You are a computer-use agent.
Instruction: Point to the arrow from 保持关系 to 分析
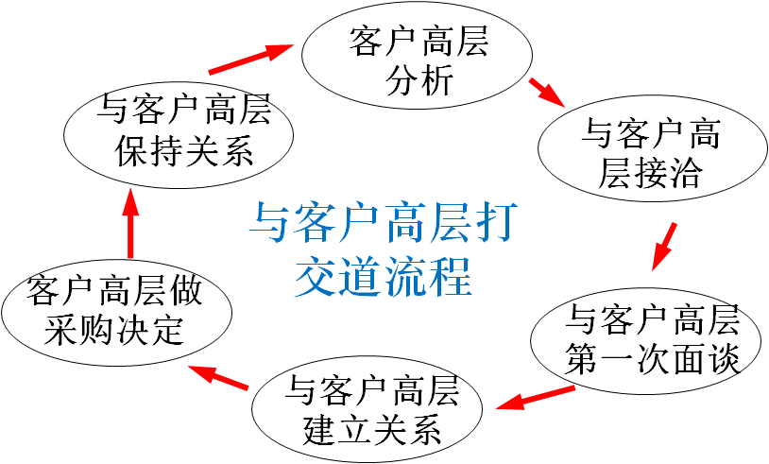[x=251, y=60]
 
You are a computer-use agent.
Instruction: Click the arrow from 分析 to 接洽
[x=547, y=93]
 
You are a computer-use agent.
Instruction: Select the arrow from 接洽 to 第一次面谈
[x=664, y=247]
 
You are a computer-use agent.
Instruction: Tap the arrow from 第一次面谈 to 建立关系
[x=535, y=398]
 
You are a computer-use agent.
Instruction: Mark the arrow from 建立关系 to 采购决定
[x=217, y=377]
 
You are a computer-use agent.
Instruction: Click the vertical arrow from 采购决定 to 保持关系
[x=130, y=223]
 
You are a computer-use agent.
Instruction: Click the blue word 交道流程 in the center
[x=383, y=278]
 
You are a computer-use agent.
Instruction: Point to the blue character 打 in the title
[x=497, y=223]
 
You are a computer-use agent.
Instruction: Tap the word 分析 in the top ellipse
[x=419, y=81]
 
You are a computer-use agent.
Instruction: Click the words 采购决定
[x=113, y=331]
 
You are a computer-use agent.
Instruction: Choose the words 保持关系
[x=184, y=151]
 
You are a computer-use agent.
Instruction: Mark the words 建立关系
[x=372, y=430]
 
